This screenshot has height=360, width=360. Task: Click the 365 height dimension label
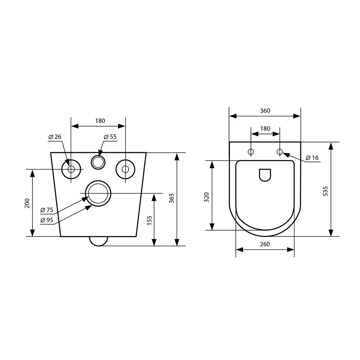172,198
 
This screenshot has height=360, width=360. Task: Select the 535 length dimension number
325,191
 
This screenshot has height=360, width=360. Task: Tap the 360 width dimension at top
265,111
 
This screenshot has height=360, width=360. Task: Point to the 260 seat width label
265,244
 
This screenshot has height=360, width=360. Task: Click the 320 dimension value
207,197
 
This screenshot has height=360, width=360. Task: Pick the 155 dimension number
149,220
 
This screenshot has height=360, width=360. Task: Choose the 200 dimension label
27,203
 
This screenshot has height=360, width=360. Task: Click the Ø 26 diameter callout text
55,137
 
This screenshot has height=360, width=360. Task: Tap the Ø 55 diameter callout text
110,137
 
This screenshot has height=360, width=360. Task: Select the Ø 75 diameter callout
47,210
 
